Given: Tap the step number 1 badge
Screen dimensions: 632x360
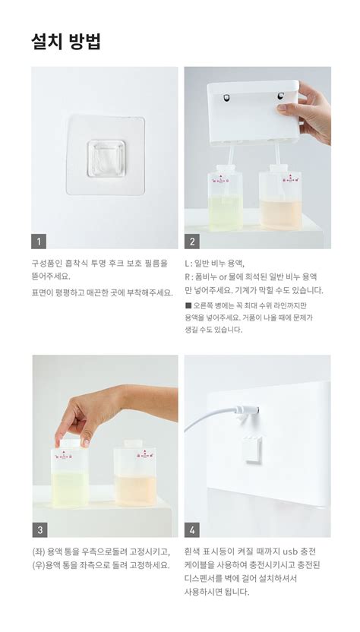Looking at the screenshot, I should [39, 242].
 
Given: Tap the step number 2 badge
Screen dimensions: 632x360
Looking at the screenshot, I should [191, 242].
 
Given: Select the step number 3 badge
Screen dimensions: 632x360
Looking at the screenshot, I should [39, 529].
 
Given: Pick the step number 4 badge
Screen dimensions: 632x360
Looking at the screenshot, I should [191, 529].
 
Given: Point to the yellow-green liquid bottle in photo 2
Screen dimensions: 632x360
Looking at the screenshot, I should [224, 199].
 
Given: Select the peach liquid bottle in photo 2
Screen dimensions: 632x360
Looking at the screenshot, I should [279, 199].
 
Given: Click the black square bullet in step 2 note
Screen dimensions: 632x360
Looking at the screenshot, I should [188, 305].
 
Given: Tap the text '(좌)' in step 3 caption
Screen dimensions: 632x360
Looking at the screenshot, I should [38, 551].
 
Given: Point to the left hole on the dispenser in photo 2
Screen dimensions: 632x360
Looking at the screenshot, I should [225, 97].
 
